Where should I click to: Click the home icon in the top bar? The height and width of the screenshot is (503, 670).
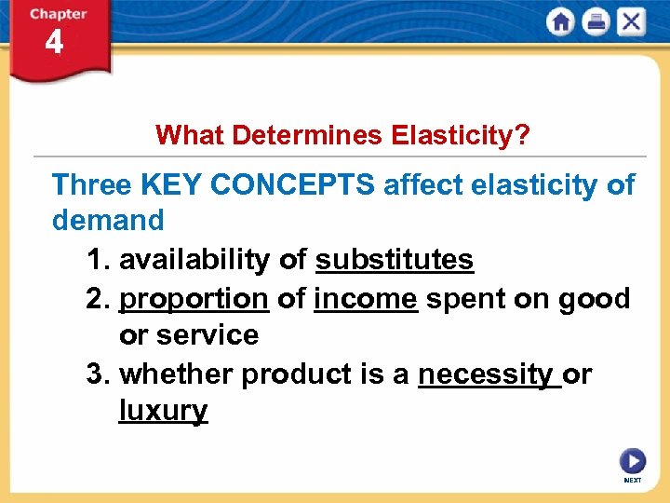click(561, 22)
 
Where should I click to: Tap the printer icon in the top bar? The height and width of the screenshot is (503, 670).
click(596, 22)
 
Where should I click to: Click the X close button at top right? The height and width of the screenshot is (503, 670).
click(631, 22)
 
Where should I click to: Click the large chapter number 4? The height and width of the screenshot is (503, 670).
click(54, 43)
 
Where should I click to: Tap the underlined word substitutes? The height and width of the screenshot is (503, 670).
click(395, 260)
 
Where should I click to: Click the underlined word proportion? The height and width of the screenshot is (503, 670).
click(194, 299)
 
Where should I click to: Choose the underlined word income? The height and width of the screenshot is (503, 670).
click(366, 299)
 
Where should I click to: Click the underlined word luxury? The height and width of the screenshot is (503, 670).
click(163, 411)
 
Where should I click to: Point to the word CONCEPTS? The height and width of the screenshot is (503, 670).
click(292, 184)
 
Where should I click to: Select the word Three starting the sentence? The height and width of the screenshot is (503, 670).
click(92, 184)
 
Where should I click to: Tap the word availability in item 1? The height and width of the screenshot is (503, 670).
click(194, 260)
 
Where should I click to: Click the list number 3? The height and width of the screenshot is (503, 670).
click(94, 374)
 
